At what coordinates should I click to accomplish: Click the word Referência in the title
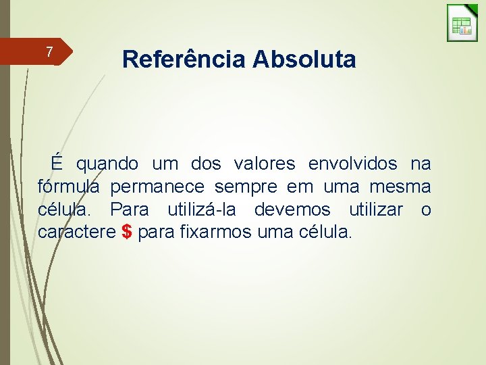tap(184, 59)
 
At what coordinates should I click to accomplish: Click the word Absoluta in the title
tap(304, 59)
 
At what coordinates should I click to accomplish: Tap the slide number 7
tap(49, 51)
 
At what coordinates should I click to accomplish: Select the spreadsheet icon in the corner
tap(462, 24)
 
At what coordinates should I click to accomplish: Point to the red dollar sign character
tap(127, 233)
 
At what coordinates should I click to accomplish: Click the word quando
tap(107, 164)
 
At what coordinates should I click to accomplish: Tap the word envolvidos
tap(352, 164)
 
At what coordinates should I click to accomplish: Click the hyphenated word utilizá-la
tap(204, 210)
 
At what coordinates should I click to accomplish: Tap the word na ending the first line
tap(421, 164)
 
